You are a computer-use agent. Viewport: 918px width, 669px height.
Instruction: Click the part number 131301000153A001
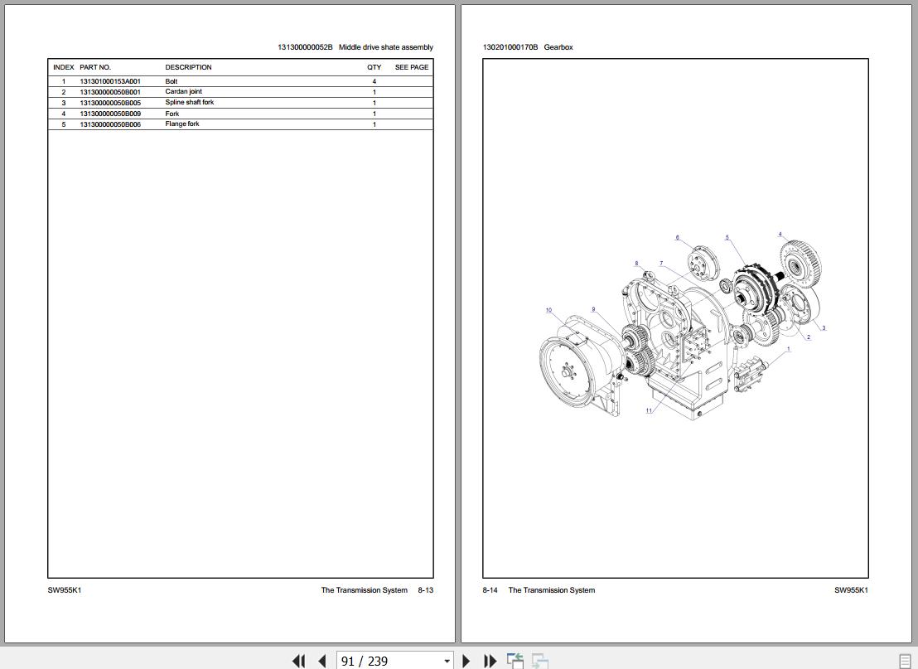[x=110, y=81]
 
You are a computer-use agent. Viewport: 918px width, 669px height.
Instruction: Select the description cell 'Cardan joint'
[x=183, y=92]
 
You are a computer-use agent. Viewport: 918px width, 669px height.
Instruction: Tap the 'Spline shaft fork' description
[x=189, y=103]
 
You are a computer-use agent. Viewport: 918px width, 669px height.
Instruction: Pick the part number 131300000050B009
[x=110, y=114]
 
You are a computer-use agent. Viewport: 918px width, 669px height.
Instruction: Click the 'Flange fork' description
[x=181, y=124]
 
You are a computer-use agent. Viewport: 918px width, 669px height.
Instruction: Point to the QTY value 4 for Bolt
[x=374, y=81]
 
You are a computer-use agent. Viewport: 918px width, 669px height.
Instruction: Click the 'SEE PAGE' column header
[x=412, y=67]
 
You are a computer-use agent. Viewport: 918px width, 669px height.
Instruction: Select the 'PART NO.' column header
[x=95, y=67]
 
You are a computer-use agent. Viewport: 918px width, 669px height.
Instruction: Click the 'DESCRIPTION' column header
[x=188, y=67]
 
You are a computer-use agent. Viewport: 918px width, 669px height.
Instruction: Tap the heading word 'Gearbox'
[x=558, y=47]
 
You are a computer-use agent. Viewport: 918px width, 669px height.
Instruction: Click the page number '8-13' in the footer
[x=425, y=590]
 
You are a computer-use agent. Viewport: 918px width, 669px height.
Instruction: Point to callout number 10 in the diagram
[x=548, y=311]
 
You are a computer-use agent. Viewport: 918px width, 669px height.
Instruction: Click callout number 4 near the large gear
[x=780, y=235]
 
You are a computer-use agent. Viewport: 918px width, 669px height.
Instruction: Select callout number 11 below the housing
[x=649, y=410]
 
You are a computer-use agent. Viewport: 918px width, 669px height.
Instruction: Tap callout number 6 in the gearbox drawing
[x=677, y=238]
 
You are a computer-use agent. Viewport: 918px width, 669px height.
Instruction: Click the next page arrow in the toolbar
[x=466, y=661]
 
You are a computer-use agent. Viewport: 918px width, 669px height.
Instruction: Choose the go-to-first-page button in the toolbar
[x=298, y=661]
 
